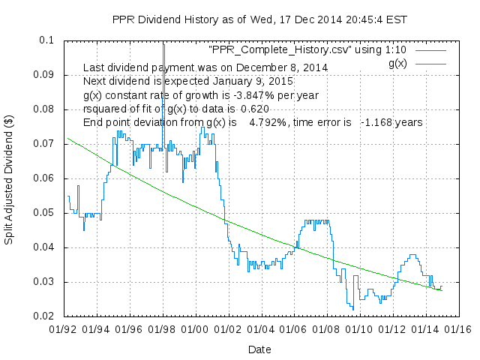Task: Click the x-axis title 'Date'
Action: click(259, 349)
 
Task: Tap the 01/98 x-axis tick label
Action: click(163, 328)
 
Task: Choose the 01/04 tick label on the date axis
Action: click(260, 328)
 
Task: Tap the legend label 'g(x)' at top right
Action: click(397, 64)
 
